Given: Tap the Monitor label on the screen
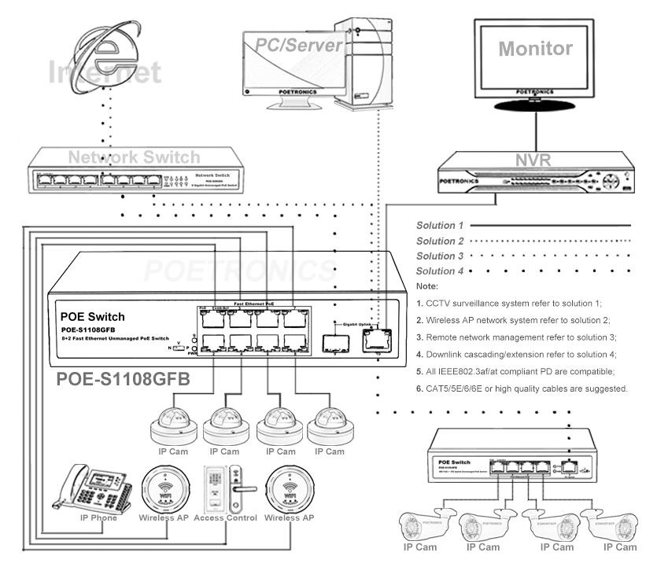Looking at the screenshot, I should tap(535, 48).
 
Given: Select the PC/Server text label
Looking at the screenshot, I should tap(300, 45).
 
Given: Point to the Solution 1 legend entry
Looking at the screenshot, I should tap(441, 226).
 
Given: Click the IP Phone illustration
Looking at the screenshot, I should tap(93, 488).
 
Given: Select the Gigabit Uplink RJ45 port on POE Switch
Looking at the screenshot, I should tap(375, 341).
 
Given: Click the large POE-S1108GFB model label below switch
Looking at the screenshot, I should tap(124, 380).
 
